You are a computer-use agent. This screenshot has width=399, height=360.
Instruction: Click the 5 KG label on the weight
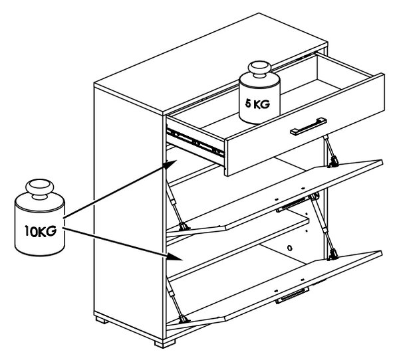(257, 104)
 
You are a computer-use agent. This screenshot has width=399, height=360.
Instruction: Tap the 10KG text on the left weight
(41, 231)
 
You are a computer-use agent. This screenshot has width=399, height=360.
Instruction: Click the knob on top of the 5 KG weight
(259, 68)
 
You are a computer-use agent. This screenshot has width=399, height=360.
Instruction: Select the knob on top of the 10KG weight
(40, 189)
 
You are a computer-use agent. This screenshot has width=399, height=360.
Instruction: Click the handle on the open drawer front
(309, 126)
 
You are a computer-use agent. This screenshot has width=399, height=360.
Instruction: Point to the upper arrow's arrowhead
(170, 165)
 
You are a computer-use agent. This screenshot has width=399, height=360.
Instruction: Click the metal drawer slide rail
(195, 143)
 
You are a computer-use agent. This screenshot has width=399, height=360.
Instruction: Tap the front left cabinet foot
(165, 343)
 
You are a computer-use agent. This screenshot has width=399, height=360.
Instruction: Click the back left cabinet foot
(102, 320)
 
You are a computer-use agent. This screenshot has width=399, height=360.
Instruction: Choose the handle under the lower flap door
(293, 296)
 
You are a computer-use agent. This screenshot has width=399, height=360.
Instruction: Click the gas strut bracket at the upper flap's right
(333, 162)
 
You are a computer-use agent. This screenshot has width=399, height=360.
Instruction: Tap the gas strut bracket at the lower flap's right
(333, 255)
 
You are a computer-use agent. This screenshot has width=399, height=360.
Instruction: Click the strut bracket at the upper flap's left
(184, 226)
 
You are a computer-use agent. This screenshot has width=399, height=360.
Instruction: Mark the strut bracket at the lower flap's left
(184, 319)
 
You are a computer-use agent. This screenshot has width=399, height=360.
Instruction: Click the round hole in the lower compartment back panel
(289, 248)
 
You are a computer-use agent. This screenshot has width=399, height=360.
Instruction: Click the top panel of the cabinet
(211, 64)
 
